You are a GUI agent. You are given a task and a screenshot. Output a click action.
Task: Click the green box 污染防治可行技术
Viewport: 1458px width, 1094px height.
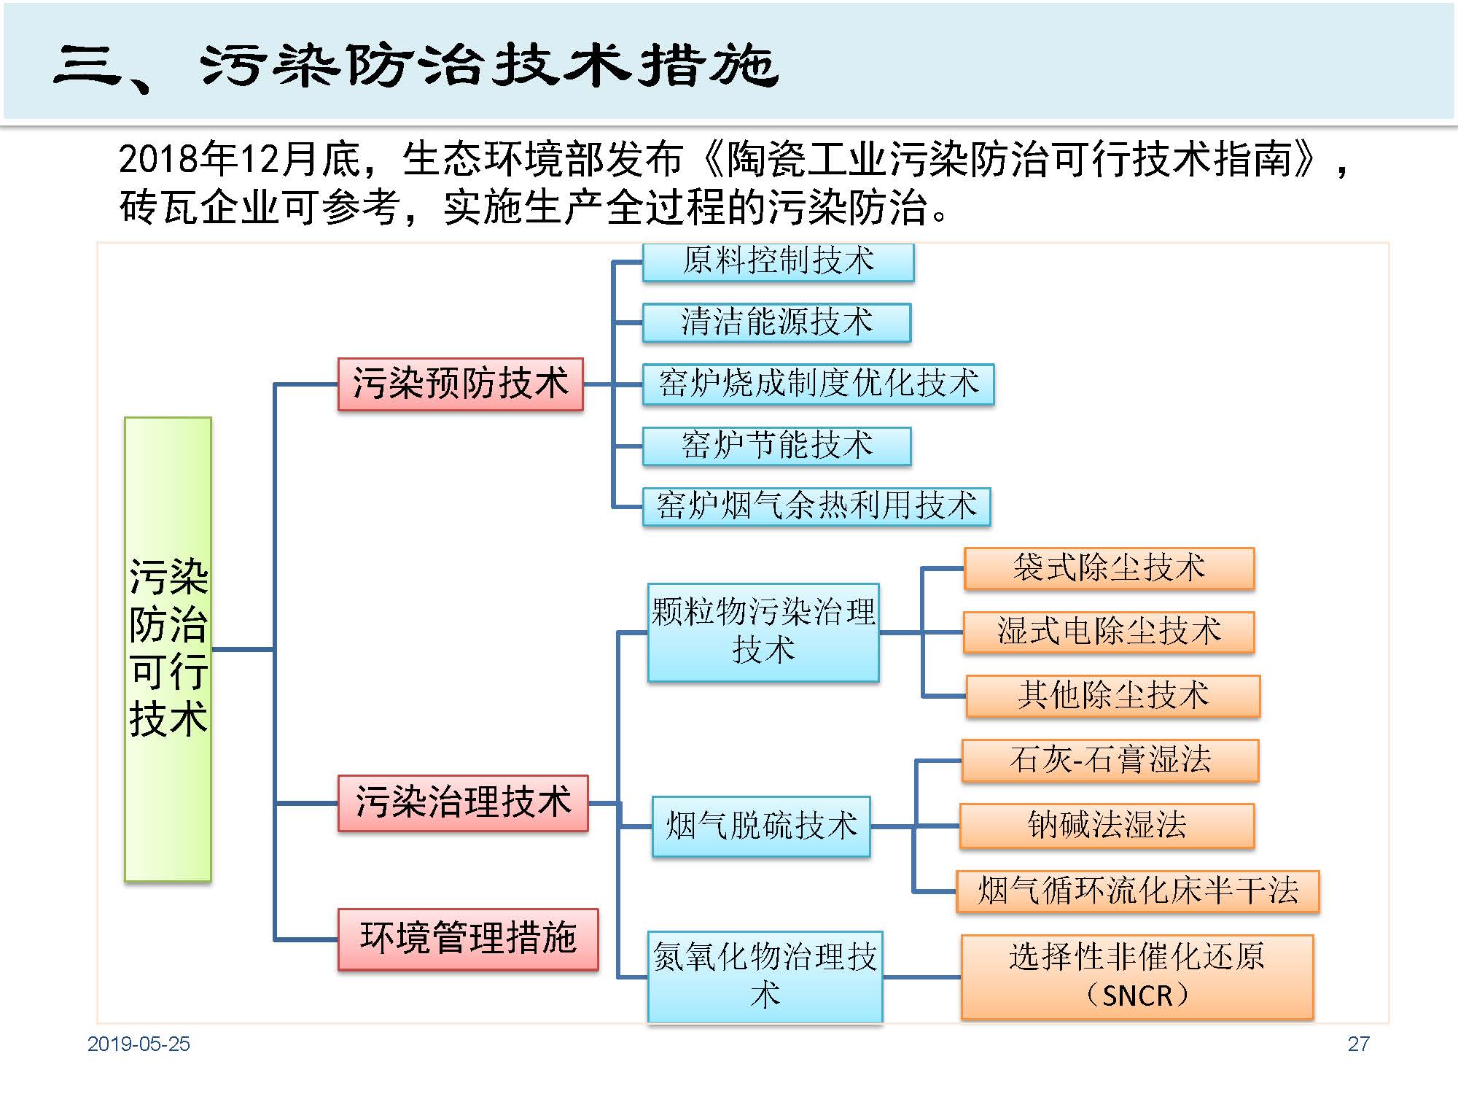(168, 648)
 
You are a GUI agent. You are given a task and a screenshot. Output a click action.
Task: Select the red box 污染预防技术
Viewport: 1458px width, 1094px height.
(460, 384)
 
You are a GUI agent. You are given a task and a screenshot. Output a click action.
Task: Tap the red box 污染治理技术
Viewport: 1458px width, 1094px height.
(463, 802)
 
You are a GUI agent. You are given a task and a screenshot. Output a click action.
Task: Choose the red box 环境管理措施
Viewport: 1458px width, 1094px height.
(468, 939)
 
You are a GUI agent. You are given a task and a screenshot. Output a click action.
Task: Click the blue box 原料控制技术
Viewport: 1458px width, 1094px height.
(778, 262)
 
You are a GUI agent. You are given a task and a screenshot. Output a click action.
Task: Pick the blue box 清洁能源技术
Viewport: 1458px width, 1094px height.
(776, 322)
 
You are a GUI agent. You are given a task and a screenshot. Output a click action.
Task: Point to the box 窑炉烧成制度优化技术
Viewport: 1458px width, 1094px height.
(818, 384)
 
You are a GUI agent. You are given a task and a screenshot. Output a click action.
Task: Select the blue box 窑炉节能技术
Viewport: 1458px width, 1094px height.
(776, 446)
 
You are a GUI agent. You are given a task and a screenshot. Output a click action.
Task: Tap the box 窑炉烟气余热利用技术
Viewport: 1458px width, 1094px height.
(816, 506)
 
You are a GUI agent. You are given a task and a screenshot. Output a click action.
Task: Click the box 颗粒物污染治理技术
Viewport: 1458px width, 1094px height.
(763, 632)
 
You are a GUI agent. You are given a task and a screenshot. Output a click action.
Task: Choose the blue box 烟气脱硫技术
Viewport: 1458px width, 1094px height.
(761, 826)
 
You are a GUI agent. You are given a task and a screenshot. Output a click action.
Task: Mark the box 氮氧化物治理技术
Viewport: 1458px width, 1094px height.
(765, 976)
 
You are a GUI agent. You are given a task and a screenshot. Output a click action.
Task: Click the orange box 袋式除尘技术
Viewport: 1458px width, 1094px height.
(1109, 568)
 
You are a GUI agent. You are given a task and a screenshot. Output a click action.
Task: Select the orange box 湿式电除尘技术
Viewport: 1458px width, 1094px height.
(1109, 632)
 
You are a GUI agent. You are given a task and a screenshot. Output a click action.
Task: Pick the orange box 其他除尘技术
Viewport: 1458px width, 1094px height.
(1112, 696)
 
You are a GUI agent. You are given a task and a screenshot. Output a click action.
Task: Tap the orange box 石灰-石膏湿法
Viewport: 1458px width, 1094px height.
(1110, 761)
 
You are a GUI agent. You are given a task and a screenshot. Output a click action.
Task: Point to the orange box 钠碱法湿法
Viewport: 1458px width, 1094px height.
(1107, 826)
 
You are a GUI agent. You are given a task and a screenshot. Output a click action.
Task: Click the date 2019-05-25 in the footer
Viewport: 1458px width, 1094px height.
(139, 1044)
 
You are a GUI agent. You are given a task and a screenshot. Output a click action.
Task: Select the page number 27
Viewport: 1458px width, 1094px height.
(1358, 1044)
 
